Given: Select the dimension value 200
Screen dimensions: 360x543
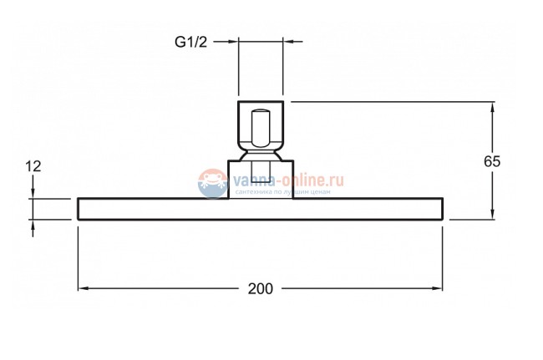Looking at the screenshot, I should pyautogui.click(x=261, y=288).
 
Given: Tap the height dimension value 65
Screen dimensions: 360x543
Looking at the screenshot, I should pyautogui.click(x=492, y=161).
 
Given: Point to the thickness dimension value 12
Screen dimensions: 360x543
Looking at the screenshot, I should pyautogui.click(x=33, y=166).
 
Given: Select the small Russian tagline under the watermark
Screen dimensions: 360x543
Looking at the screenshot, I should pyautogui.click(x=284, y=192).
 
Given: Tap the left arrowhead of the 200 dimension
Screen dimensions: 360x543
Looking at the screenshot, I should pyautogui.click(x=84, y=288).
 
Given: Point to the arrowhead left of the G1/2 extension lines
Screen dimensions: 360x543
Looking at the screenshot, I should pyautogui.click(x=233, y=39).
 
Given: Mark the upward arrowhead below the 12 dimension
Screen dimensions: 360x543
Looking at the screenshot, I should pyautogui.click(x=33, y=225).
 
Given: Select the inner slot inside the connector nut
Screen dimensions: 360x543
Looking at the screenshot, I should pyautogui.click(x=261, y=129).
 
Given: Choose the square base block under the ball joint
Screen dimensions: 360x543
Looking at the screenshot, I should pyautogui.click(x=261, y=180).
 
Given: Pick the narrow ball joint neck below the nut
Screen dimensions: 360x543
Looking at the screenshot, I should pyautogui.click(x=261, y=155).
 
